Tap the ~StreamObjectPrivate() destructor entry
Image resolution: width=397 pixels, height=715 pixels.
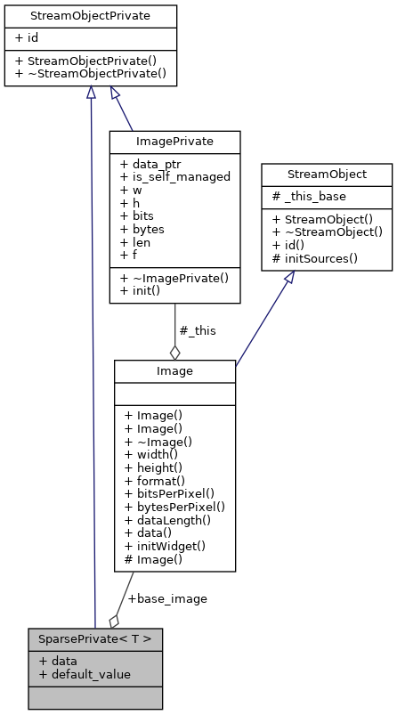pyautogui.click(x=92, y=74)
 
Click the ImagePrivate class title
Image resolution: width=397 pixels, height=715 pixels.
pyautogui.click(x=174, y=142)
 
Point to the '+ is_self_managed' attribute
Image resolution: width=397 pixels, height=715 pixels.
pyautogui.click(x=175, y=176)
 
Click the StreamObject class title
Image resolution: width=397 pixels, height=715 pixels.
pyautogui.click(x=326, y=174)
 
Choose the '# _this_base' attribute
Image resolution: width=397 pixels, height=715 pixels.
pyautogui.click(x=311, y=196)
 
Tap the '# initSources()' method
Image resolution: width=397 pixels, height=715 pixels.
pyautogui.click(x=315, y=258)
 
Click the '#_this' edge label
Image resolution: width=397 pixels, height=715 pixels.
pyautogui.click(x=197, y=330)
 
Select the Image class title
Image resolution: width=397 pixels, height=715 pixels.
pyautogui.click(x=174, y=370)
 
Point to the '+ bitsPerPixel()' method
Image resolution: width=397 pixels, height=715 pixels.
pyautogui.click(x=170, y=493)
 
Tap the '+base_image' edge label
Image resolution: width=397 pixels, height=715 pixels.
pyautogui.click(x=167, y=598)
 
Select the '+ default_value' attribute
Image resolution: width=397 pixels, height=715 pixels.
pyautogui.click(x=85, y=674)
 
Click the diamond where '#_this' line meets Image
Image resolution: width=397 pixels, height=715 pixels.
pyautogui.click(x=174, y=353)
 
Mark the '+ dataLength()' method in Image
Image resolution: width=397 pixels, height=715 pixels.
pyautogui.click(x=167, y=520)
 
